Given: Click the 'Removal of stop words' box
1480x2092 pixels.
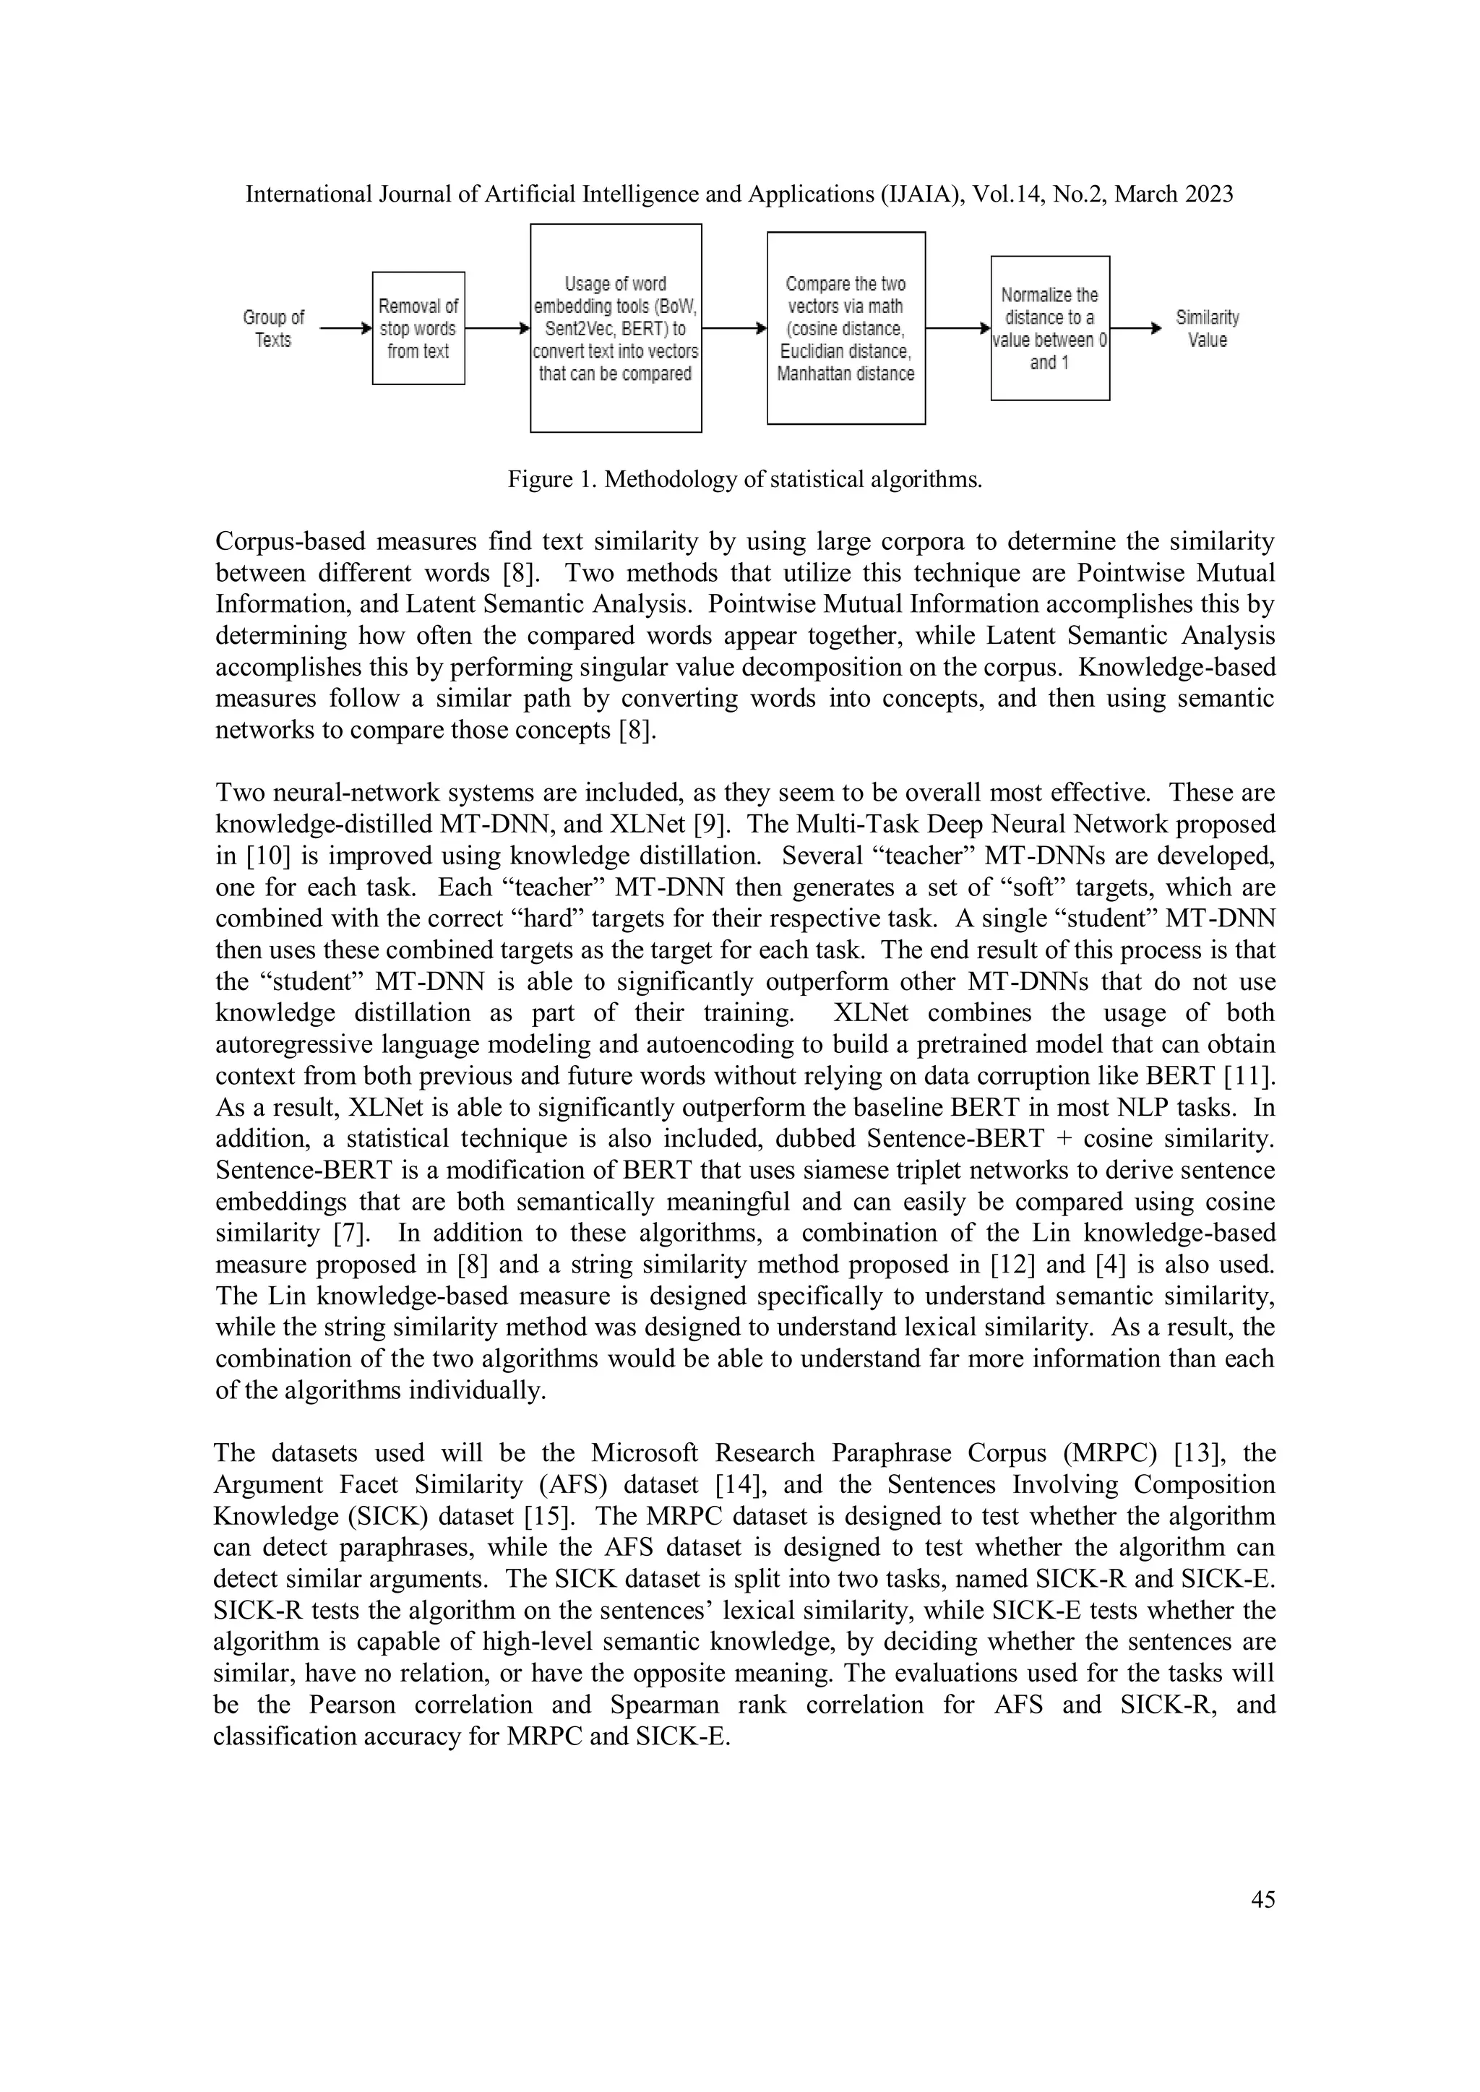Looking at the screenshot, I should [x=418, y=328].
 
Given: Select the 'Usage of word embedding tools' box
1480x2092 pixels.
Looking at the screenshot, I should [x=615, y=328].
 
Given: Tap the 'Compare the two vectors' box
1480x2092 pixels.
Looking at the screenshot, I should [x=846, y=328].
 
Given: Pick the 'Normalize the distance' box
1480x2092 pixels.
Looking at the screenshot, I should [x=1050, y=328].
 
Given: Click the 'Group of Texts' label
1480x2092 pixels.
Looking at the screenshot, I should [x=273, y=328].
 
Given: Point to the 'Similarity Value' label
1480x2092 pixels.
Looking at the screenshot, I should [x=1207, y=328].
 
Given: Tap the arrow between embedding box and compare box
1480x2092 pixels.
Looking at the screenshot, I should [x=734, y=329].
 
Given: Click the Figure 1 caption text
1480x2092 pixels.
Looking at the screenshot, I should [x=744, y=479].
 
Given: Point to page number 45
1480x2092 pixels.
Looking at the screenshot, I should [x=1262, y=1900].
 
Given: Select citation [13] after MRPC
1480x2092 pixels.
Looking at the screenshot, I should [x=1197, y=1453].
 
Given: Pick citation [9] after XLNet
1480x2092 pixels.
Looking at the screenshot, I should [x=712, y=825].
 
